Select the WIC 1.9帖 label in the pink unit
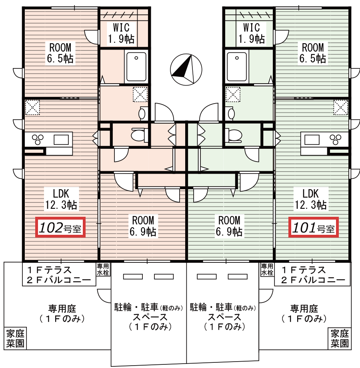click(120, 34)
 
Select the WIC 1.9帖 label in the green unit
click(251, 34)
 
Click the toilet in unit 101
click(235, 134)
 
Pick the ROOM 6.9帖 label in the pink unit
click(143, 226)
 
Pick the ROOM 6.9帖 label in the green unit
click(230, 226)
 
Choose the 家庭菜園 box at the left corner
click(15, 338)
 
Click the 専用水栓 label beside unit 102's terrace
click(103, 270)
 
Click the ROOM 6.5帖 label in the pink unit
click(60, 53)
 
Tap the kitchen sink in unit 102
click(61, 140)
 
